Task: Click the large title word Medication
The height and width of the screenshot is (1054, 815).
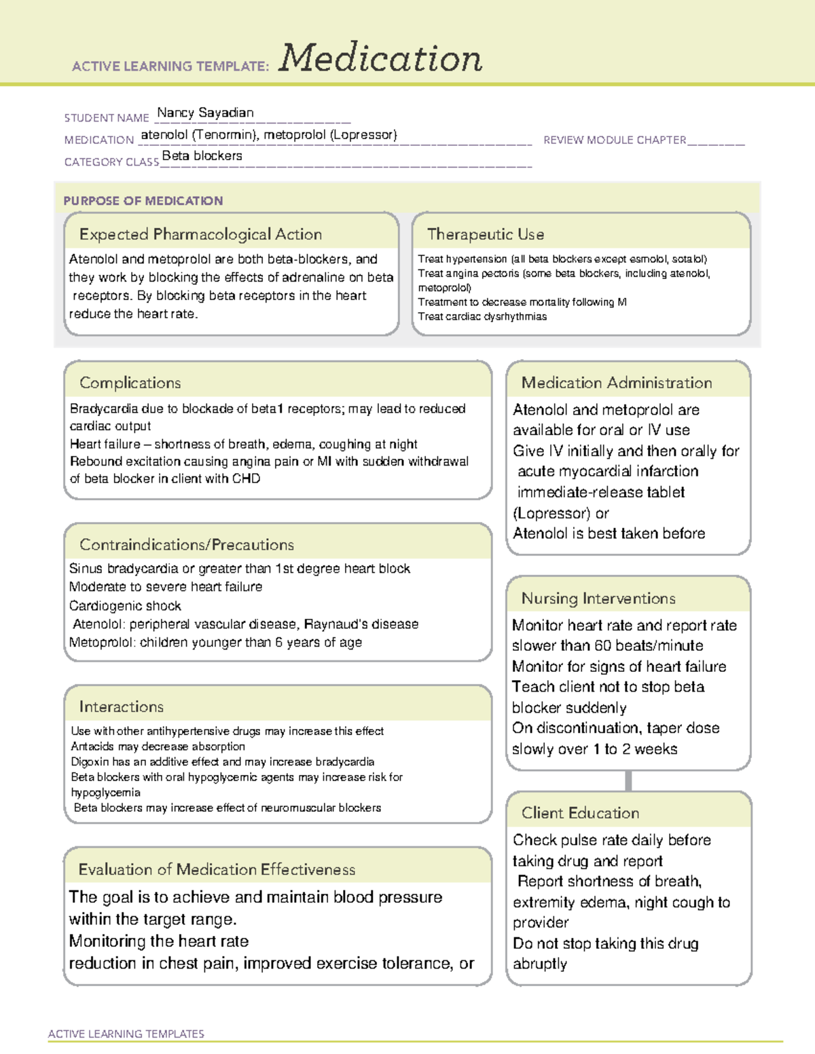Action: point(380,58)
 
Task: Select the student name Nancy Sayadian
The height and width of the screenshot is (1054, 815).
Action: point(205,113)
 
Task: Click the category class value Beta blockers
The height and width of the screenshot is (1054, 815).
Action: point(202,156)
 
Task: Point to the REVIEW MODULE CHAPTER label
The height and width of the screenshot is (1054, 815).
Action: point(615,140)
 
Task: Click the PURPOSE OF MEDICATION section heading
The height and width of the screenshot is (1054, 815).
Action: point(143,201)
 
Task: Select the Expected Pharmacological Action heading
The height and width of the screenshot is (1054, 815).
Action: point(200,234)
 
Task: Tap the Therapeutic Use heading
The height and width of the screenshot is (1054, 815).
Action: point(485,234)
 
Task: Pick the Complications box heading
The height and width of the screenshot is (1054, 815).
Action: point(130,383)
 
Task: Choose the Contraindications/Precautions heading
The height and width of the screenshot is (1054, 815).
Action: point(186,544)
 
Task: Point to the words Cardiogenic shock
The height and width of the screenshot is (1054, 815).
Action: point(125,605)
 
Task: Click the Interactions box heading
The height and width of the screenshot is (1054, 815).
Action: point(121,707)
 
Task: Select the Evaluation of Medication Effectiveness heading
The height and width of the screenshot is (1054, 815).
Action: point(217,869)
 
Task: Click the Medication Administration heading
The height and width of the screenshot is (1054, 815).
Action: point(616,383)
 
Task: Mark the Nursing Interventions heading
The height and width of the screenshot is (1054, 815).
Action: point(598,598)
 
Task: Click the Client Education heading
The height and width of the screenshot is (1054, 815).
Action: point(580,813)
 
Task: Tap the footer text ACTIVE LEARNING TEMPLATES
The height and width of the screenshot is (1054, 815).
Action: point(126,1034)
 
